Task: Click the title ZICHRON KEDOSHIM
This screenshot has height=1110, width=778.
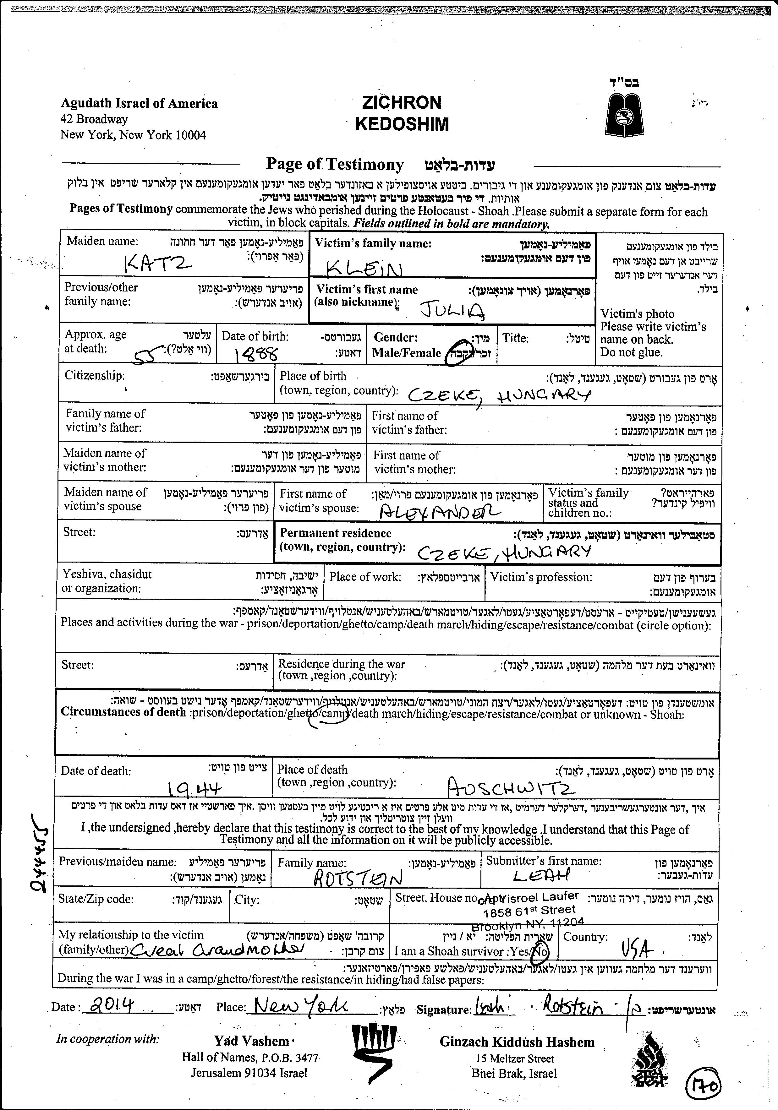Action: (402, 114)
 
